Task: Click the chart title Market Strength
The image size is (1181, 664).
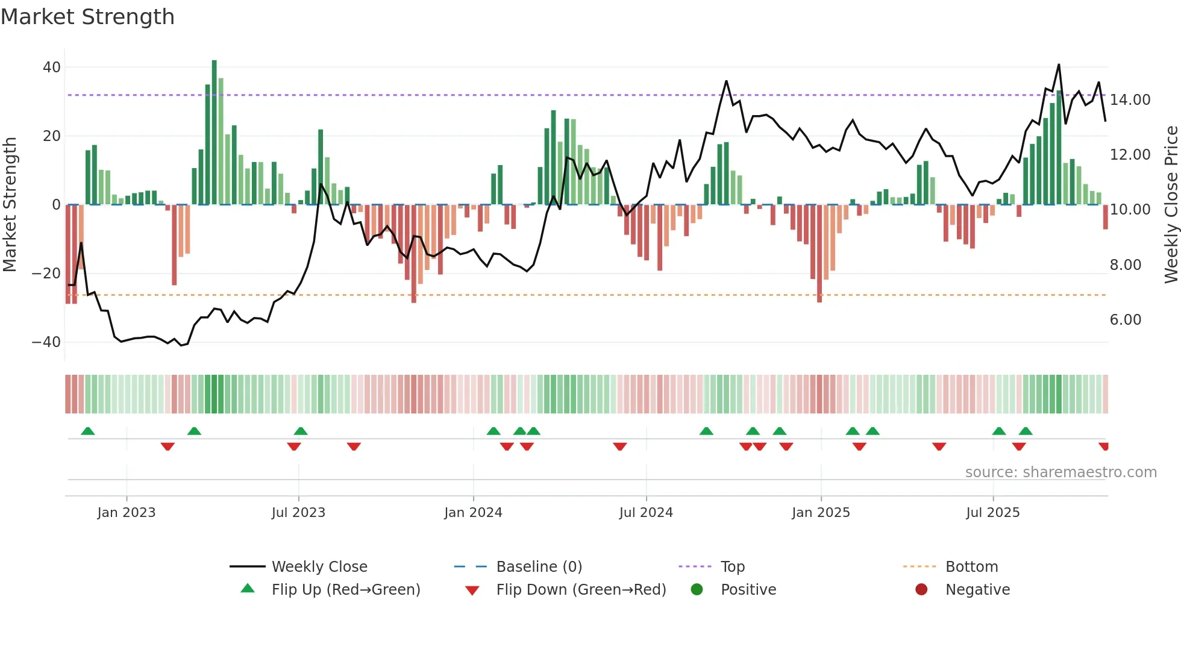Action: [87, 17]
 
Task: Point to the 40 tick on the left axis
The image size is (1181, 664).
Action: [52, 67]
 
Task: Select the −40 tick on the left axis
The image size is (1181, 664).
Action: [47, 342]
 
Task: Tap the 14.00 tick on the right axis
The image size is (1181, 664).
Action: [1130, 100]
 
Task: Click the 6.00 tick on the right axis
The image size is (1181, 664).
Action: [1126, 320]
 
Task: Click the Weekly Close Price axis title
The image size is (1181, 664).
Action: [1171, 205]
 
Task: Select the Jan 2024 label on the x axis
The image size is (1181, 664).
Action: [473, 513]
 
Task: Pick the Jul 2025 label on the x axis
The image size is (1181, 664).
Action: [992, 513]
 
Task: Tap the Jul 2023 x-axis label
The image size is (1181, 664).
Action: [298, 513]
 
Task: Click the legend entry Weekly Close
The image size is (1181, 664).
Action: [319, 567]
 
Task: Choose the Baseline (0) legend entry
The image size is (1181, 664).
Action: [539, 567]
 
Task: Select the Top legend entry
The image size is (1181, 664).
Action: [733, 567]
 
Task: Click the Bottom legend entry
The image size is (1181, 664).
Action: [971, 567]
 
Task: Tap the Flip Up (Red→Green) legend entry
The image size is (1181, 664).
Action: [345, 590]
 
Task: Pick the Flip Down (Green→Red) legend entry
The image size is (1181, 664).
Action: [581, 590]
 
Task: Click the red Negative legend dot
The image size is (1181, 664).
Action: [921, 590]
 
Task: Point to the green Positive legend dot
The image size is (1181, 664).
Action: [697, 590]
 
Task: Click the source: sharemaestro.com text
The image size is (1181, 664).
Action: [1060, 472]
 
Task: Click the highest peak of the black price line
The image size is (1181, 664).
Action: [1059, 65]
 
